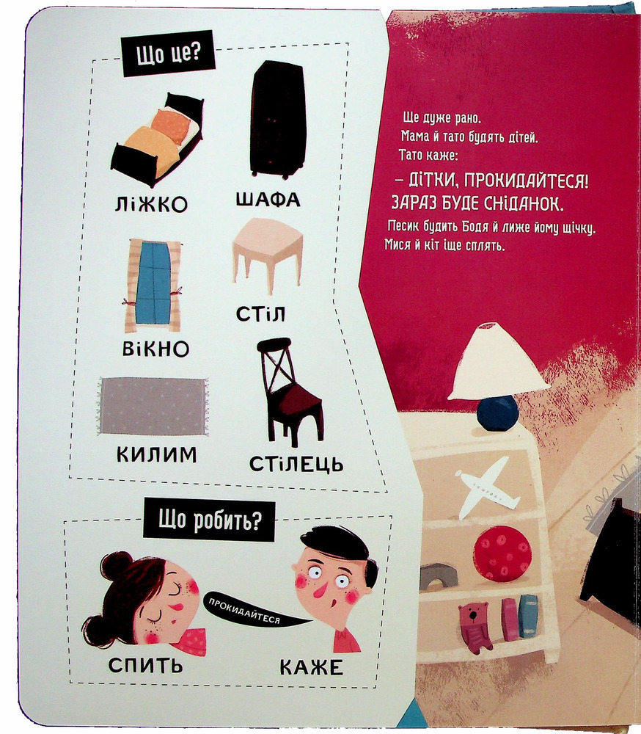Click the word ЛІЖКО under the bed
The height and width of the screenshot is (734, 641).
(x=150, y=204)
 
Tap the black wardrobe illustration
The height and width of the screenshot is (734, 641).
(x=277, y=120)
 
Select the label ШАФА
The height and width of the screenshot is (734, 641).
(x=268, y=200)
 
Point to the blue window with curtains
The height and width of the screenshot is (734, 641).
(x=153, y=286)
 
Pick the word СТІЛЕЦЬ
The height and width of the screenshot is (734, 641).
(x=296, y=464)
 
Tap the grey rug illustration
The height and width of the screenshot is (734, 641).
(x=153, y=407)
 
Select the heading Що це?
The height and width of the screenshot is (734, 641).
(x=168, y=54)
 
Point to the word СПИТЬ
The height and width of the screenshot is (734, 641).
(x=145, y=665)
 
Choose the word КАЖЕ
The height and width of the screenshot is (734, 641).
(x=311, y=667)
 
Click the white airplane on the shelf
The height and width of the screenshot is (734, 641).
(x=486, y=487)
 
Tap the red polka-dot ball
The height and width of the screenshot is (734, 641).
(x=502, y=553)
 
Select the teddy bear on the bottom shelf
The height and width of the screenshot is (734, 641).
(x=475, y=627)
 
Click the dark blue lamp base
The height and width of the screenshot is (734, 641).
(x=498, y=413)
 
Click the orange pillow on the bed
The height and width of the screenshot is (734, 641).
(x=171, y=126)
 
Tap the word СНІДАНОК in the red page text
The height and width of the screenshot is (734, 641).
(x=524, y=203)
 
